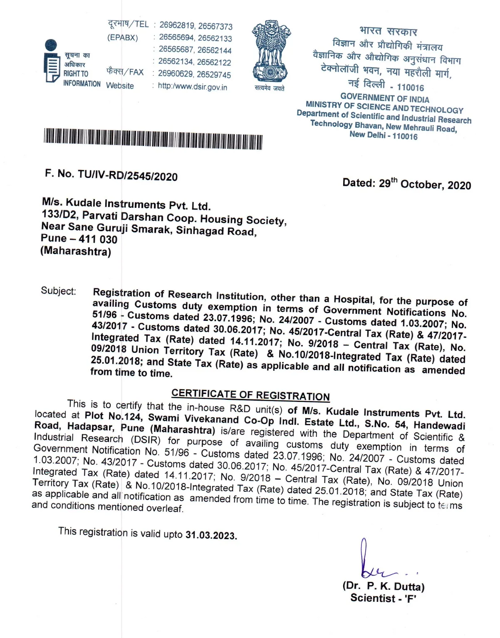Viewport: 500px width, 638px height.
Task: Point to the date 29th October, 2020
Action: click(406, 184)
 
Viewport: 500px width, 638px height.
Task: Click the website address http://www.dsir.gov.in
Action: click(192, 87)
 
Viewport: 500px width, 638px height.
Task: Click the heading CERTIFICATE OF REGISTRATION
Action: click(250, 394)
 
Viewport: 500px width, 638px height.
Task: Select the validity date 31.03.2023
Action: click(211, 535)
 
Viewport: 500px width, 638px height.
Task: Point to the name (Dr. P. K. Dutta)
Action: click(383, 586)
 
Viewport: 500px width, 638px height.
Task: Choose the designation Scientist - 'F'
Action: click(383, 598)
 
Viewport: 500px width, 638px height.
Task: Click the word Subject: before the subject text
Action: click(58, 291)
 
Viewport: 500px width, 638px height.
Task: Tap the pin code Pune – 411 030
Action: click(79, 239)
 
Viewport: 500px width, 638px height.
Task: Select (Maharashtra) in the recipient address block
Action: click(75, 251)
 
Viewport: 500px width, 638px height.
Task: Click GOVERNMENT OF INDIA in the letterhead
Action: click(384, 98)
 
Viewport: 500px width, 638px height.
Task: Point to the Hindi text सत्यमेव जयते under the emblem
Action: click(270, 88)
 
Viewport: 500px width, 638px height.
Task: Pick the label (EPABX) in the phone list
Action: click(122, 37)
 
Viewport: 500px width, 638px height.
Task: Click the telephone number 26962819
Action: click(177, 25)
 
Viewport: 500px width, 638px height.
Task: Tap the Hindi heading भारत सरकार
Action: click(388, 31)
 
